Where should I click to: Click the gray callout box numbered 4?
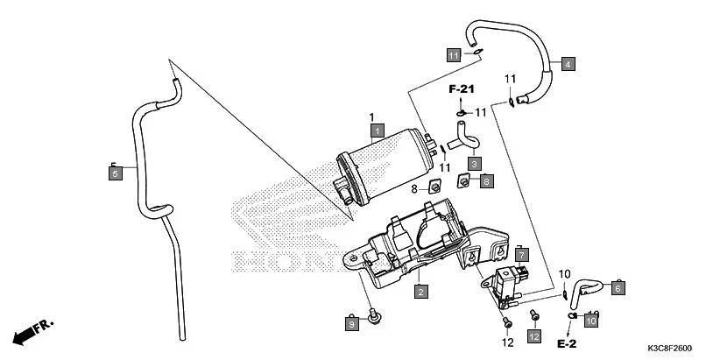[568, 64]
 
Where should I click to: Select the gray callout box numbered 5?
[115, 174]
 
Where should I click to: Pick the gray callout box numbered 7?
[520, 255]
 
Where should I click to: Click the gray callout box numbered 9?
[351, 324]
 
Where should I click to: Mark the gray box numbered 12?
[534, 336]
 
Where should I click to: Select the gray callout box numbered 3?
[474, 163]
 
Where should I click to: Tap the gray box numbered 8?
[486, 181]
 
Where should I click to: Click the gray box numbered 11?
[453, 56]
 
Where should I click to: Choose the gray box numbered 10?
[590, 321]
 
